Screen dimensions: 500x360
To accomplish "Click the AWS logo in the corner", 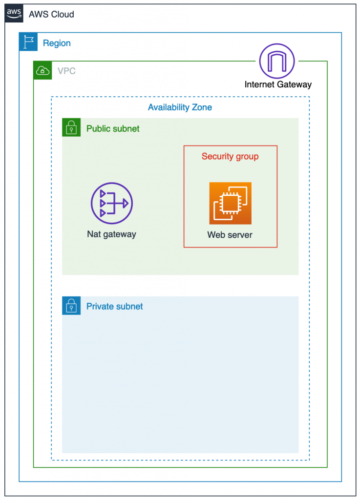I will pos(14,14).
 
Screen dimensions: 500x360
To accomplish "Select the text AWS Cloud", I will pos(51,14).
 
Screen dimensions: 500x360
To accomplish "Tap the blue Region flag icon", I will pos(28,42).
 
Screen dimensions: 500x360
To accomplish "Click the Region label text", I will pos(57,43).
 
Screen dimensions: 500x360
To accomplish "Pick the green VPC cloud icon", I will pos(42,70).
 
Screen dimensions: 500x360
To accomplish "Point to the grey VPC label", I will pos(66,71).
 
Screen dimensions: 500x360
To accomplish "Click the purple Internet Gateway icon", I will pos(277,61).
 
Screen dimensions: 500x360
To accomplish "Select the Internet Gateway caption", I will pos(278,84).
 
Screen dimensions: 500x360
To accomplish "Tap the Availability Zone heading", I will pos(180,107).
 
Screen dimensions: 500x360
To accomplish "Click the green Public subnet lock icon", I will pos(71,128).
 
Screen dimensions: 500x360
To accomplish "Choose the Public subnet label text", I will pos(113,129).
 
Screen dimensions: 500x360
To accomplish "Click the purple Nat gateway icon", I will pos(112,203).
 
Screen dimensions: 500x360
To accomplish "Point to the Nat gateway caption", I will pos(111,234).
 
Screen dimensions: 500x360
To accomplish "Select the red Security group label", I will pos(230,157).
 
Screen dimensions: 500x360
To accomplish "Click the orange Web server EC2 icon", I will pos(230,203).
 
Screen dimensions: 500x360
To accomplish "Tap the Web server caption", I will pos(230,235).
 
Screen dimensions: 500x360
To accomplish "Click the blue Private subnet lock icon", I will pos(71,306).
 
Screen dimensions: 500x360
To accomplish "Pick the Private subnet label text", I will pos(114,307).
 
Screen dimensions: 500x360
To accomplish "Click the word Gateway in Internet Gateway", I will pos(294,84).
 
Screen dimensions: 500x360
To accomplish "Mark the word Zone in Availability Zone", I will pos(202,107).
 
